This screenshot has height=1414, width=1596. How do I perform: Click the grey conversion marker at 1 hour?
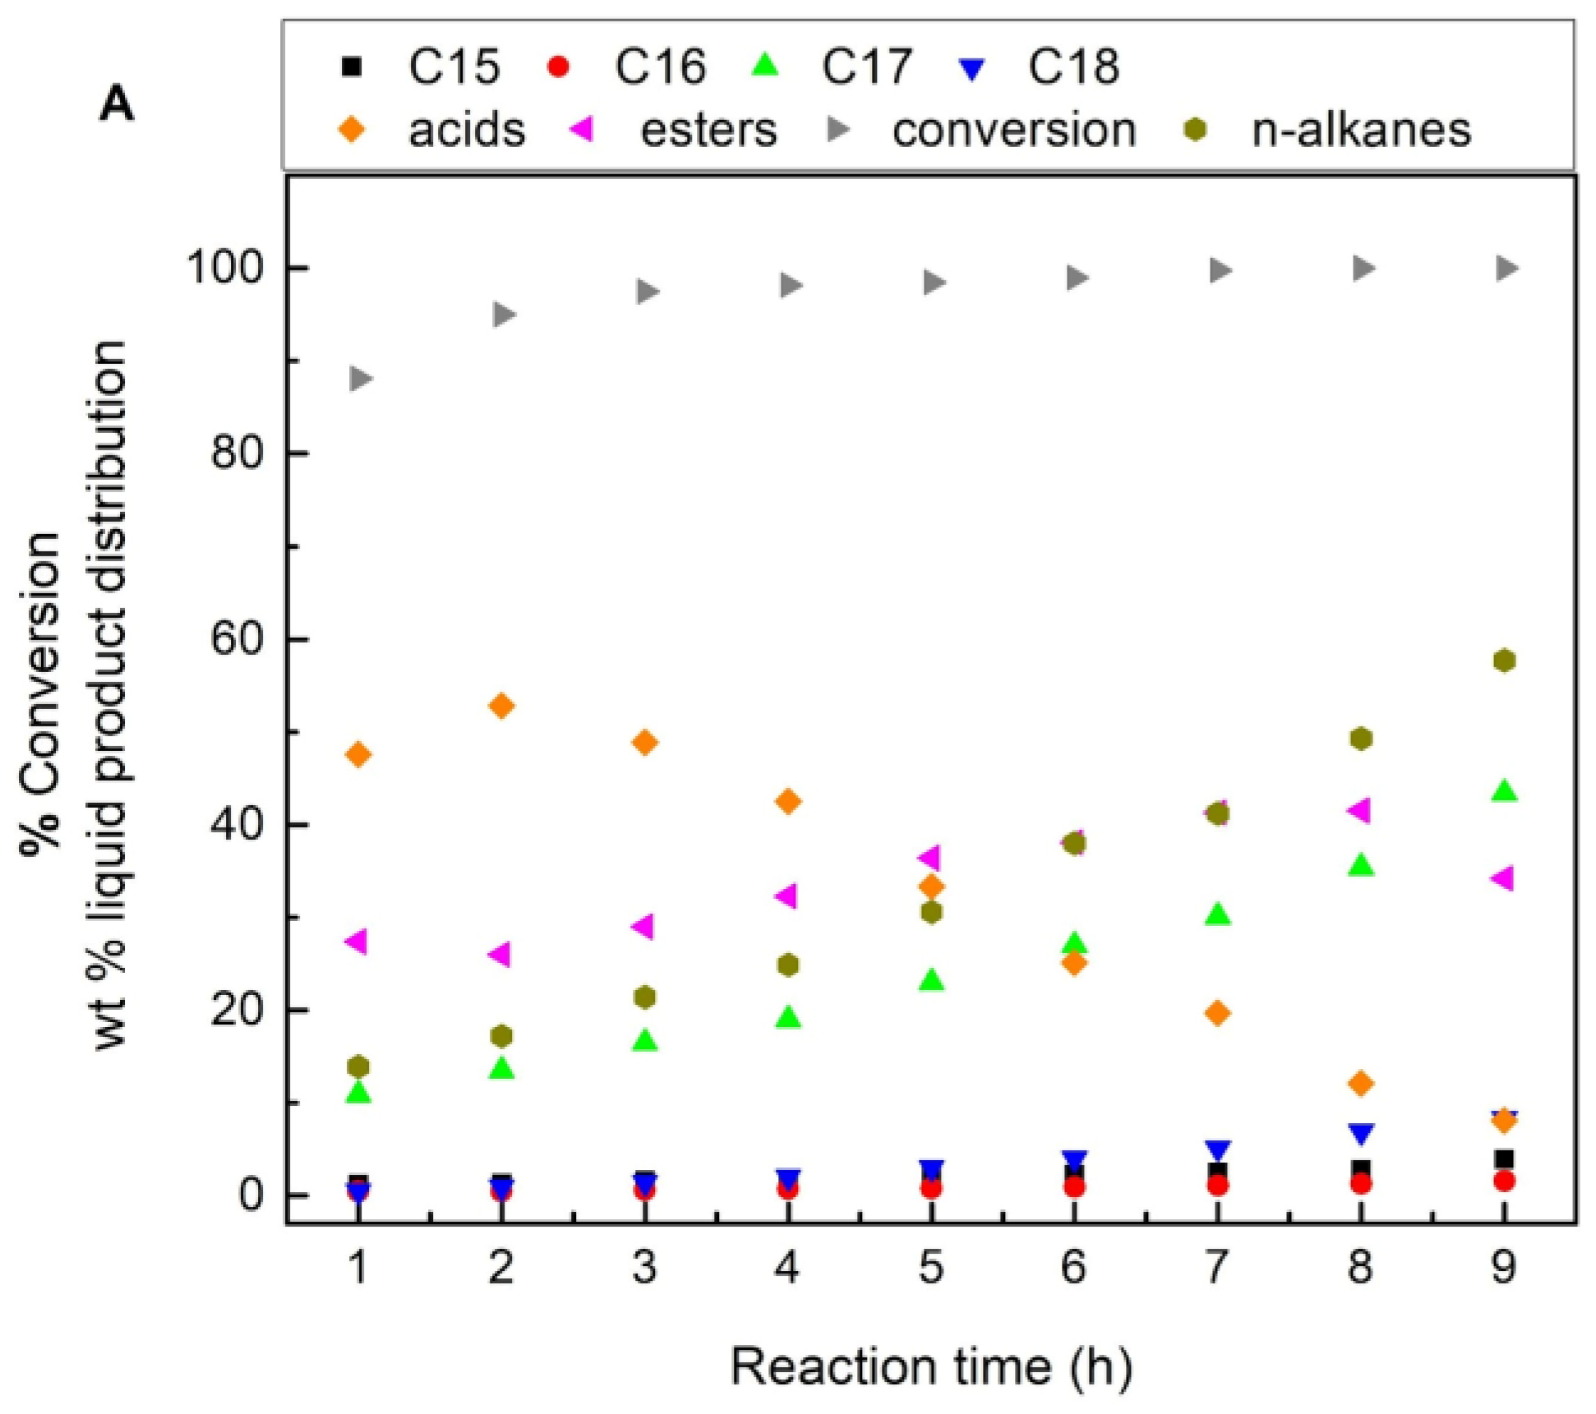click(x=360, y=379)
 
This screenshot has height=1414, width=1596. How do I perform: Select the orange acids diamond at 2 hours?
click(x=501, y=706)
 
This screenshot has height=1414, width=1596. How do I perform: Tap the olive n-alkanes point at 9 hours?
click(x=1504, y=661)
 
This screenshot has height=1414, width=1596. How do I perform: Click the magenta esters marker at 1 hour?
click(x=357, y=942)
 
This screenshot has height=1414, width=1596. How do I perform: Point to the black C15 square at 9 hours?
click(x=1504, y=1159)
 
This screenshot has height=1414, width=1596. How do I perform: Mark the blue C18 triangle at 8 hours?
click(x=1361, y=1134)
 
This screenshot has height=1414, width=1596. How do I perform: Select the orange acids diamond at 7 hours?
click(x=1217, y=1013)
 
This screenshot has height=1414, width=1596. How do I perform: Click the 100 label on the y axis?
click(x=225, y=268)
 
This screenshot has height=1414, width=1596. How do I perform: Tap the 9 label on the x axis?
click(x=1503, y=1268)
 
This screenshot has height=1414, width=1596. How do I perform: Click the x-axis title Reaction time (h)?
click(x=931, y=1367)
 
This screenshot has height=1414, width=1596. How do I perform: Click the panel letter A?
click(x=116, y=105)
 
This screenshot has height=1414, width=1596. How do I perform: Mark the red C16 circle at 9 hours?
click(x=1504, y=1181)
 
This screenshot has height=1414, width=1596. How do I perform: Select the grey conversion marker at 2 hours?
click(x=503, y=315)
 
